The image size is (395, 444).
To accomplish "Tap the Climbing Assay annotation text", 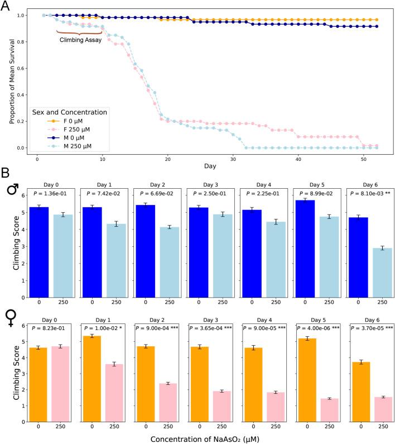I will coord(80,40).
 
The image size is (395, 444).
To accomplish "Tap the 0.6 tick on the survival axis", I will coord(22,68).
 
